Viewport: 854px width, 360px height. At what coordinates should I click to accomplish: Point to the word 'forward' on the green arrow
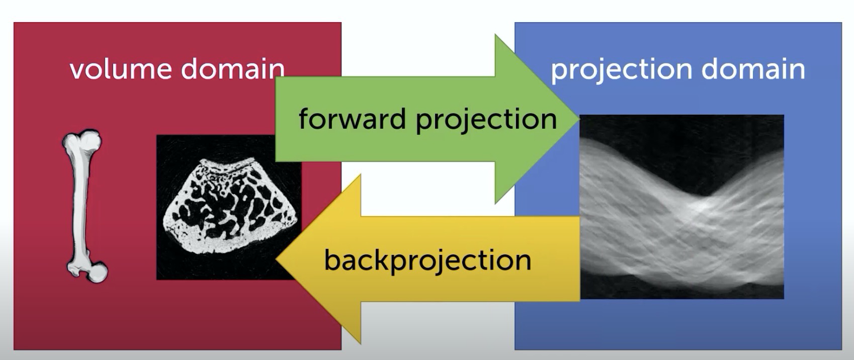pos(352,119)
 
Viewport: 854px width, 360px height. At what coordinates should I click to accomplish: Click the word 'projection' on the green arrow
pos(486,120)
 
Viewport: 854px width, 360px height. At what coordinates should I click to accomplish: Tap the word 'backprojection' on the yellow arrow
pos(428,261)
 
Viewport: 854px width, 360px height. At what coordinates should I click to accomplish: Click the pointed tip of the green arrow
pos(578,119)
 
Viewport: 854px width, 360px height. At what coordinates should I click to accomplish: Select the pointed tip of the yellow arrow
pos(277,259)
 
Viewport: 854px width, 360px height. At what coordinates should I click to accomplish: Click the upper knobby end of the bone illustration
pos(84,140)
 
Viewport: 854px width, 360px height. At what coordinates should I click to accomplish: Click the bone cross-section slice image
pos(229,207)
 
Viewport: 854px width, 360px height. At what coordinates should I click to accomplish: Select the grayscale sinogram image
pos(681,207)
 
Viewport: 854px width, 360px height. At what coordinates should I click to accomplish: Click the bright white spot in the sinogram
pos(703,206)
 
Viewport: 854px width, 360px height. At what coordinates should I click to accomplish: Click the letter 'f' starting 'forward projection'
pos(305,118)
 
